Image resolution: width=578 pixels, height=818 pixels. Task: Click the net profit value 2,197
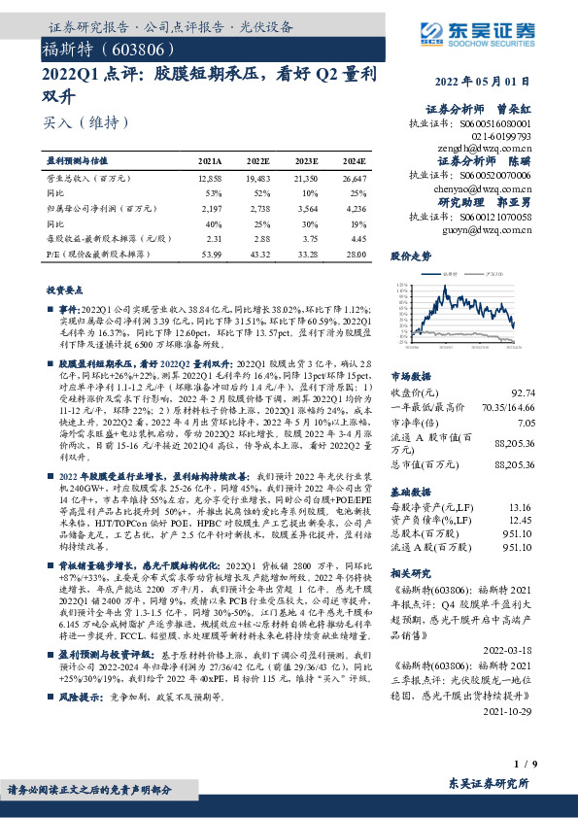click(211, 208)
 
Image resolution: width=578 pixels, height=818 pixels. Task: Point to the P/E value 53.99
click(211, 252)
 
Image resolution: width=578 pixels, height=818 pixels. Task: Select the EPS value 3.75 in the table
click(306, 237)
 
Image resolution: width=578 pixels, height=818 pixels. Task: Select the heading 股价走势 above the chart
click(410, 283)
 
